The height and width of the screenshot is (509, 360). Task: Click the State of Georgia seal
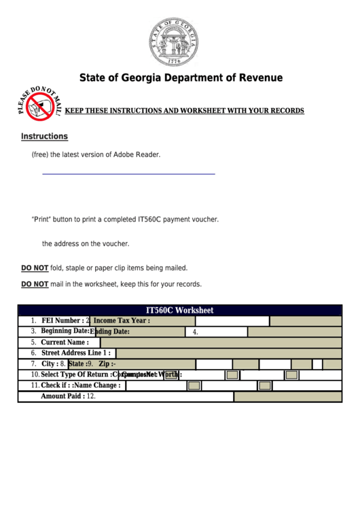175,41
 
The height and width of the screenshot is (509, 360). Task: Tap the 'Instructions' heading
44,137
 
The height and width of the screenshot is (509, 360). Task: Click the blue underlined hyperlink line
128,174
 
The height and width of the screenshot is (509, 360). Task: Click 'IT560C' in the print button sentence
151,220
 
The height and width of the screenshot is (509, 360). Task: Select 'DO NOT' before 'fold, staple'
35,268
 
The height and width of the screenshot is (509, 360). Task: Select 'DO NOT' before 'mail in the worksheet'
35,284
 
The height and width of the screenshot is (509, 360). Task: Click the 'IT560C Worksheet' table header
180,310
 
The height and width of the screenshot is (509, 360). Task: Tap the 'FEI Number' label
62,321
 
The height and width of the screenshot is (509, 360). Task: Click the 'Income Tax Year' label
121,321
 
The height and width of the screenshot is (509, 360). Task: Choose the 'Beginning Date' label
65,332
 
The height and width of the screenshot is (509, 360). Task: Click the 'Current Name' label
65,343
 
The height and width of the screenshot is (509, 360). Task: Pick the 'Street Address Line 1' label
75,353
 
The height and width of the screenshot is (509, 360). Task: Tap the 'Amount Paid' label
62,396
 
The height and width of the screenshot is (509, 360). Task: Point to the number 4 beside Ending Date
195,332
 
